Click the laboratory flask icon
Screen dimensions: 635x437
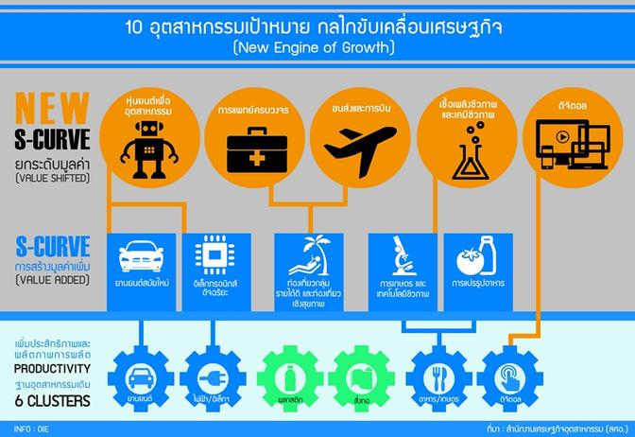coord(470,154)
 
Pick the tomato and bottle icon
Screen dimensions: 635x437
coord(478,258)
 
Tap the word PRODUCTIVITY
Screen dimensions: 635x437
coord(54,368)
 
